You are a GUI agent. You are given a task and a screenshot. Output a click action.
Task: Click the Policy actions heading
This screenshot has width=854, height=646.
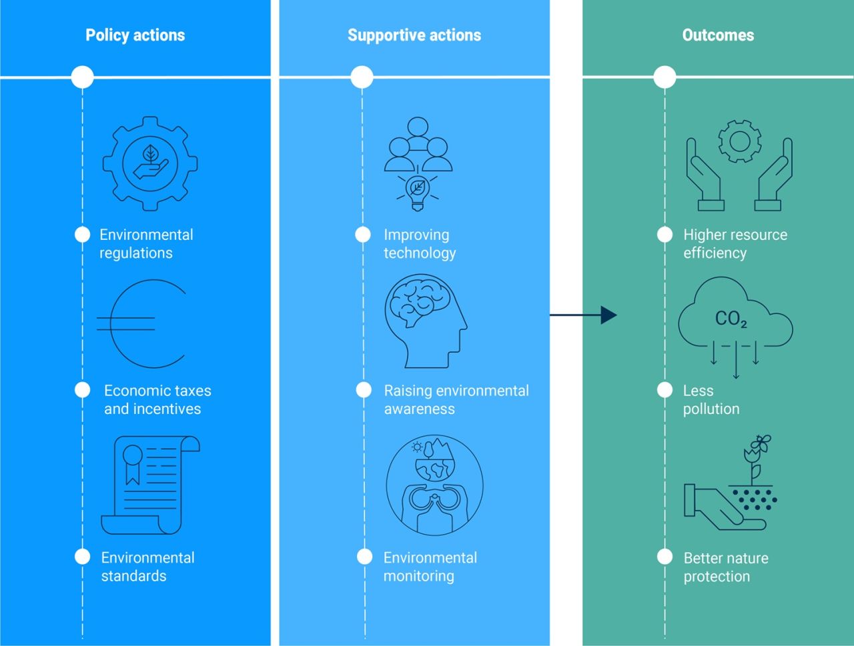(x=135, y=35)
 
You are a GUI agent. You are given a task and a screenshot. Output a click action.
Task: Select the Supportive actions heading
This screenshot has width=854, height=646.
(x=414, y=35)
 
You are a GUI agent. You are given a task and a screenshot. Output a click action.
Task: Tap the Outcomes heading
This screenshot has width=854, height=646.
(x=718, y=35)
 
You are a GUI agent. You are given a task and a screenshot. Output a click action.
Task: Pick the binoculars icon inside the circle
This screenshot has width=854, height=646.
(x=434, y=501)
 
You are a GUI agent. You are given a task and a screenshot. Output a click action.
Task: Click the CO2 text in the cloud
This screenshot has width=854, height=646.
(x=731, y=319)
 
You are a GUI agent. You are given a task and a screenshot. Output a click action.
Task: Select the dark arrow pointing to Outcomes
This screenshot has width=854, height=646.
(x=583, y=315)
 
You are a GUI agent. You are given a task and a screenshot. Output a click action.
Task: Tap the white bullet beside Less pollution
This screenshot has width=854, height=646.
(x=665, y=390)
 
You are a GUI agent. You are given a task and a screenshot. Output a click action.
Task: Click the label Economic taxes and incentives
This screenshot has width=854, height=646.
(x=157, y=399)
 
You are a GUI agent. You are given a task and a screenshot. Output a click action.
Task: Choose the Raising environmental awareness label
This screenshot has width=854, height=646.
(x=456, y=399)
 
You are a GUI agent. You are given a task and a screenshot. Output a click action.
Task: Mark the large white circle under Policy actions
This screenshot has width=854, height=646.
(x=83, y=77)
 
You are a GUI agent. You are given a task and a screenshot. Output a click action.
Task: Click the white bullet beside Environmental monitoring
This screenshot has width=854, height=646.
(x=364, y=557)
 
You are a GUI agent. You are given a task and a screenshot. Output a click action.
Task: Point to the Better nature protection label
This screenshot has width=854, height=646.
(x=726, y=567)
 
